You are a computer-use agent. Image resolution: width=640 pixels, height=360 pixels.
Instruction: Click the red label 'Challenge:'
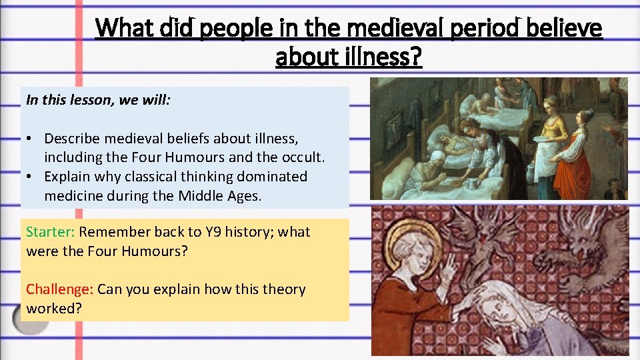[x=59, y=289]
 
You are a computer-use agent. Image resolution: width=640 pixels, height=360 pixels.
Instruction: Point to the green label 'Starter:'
[x=50, y=232]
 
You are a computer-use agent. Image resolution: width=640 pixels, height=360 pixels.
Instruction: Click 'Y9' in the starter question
[x=221, y=232]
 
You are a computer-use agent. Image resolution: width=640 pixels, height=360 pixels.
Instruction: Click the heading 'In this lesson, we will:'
[x=98, y=100]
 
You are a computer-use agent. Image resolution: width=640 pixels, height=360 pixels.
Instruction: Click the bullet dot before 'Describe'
[x=31, y=139]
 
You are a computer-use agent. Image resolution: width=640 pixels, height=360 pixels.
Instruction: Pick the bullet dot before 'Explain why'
[x=31, y=177]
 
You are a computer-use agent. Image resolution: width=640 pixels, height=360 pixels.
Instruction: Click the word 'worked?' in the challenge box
[x=51, y=308]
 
